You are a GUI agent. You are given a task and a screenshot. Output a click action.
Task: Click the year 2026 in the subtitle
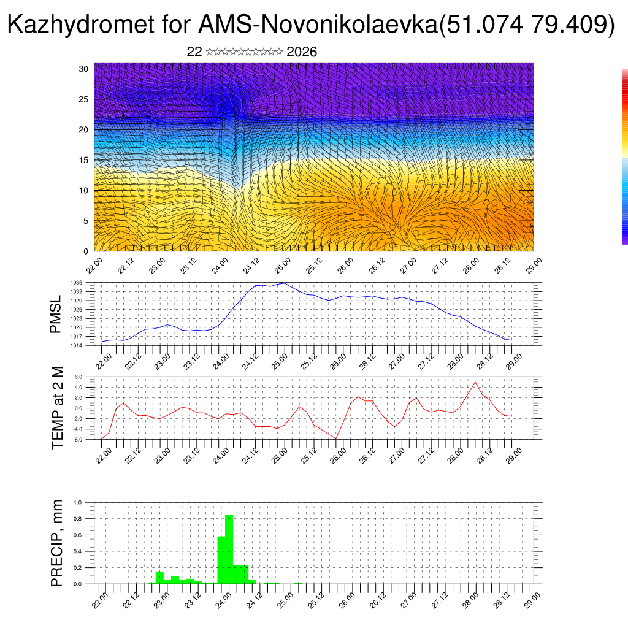coord(302,52)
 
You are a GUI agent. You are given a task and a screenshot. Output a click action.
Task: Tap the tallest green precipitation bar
coord(229,549)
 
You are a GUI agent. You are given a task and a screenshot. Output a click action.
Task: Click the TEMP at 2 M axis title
coord(58,408)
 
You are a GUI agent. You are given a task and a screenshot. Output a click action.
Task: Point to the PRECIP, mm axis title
coord(58,543)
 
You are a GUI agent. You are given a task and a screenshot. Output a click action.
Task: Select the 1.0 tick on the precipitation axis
coord(78,502)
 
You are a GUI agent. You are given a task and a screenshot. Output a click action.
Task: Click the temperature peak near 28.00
coord(474,382)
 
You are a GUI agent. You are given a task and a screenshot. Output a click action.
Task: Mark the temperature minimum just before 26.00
coord(335,439)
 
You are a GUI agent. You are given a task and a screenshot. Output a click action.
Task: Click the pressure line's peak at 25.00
coord(283,283)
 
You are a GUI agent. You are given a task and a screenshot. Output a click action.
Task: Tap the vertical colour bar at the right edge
coord(625,156)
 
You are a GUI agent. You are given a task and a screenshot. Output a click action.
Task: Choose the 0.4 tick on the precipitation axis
coord(78,551)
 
